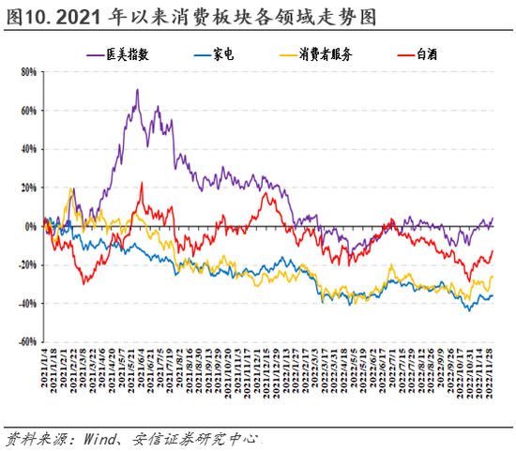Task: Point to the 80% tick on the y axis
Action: (26, 71)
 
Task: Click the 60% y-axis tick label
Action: (26, 110)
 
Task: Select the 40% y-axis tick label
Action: (26, 148)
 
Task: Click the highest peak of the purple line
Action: (137, 90)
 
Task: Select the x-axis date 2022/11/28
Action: (492, 375)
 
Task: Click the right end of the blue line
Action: (493, 295)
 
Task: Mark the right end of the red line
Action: (493, 250)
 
